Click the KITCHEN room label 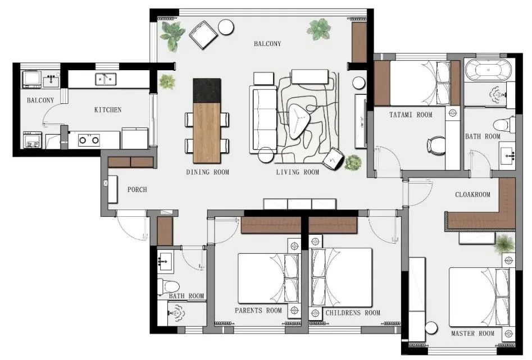click(x=107, y=110)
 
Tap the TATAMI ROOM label click(x=411, y=115)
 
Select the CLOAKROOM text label click(x=472, y=194)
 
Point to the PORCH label click(x=137, y=189)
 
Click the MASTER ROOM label click(x=472, y=333)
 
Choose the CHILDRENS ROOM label click(x=353, y=312)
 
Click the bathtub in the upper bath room click(x=488, y=70)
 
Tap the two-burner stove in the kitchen click(x=89, y=139)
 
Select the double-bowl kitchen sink click(x=106, y=79)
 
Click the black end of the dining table click(x=207, y=90)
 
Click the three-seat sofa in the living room click(x=263, y=119)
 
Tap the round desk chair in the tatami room click(x=436, y=146)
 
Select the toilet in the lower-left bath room click(x=168, y=286)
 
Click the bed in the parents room click(x=268, y=278)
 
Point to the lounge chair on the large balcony click(x=203, y=35)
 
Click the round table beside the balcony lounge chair click(x=226, y=27)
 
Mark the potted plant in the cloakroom click(x=504, y=243)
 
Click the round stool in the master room click(x=431, y=329)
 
